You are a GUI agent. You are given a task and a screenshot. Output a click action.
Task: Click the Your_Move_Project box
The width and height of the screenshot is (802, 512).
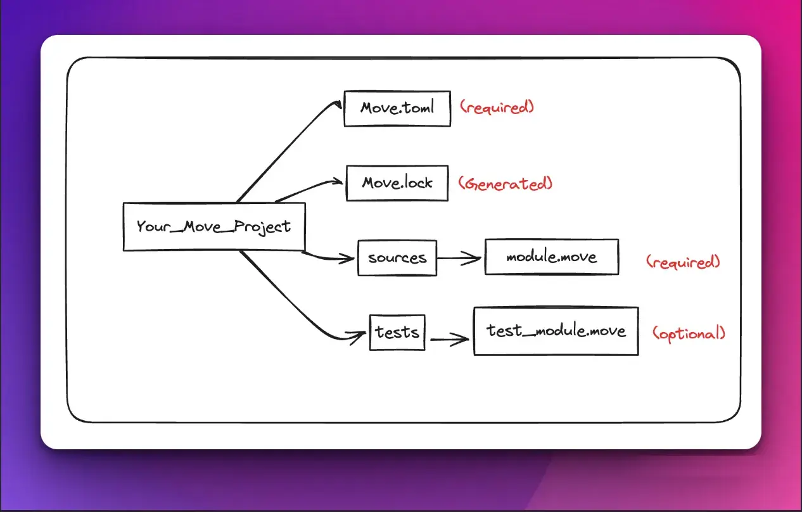pos(213,226)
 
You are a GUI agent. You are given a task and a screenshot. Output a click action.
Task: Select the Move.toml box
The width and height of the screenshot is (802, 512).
pos(397,108)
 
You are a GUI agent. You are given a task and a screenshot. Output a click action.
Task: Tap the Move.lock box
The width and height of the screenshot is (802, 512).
pos(397,183)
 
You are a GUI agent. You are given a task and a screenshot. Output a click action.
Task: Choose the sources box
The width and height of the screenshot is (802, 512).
pos(397,258)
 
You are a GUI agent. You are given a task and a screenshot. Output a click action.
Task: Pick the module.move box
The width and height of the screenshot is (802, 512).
pos(551,257)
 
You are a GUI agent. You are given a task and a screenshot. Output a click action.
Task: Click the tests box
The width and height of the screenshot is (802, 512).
pos(397,331)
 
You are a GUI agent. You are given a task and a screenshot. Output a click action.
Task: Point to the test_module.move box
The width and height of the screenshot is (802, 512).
pos(556,331)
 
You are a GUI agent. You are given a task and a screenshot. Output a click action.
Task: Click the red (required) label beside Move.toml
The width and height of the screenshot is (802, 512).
pos(497,107)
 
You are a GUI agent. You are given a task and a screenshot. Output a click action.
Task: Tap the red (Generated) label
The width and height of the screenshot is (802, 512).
pos(506,184)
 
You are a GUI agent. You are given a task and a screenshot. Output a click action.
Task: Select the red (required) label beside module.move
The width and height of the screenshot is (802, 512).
pos(683,262)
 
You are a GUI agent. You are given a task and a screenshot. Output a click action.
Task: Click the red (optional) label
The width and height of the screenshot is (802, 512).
pos(689,333)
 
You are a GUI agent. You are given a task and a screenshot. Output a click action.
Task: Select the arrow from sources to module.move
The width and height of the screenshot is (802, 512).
pos(461,259)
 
